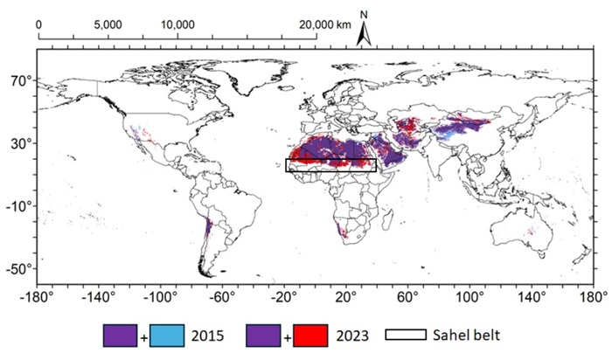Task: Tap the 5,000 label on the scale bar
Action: tap(108, 24)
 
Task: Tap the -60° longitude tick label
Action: tap(221, 295)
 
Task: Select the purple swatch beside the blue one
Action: tap(120, 336)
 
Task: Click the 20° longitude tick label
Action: tap(344, 295)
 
